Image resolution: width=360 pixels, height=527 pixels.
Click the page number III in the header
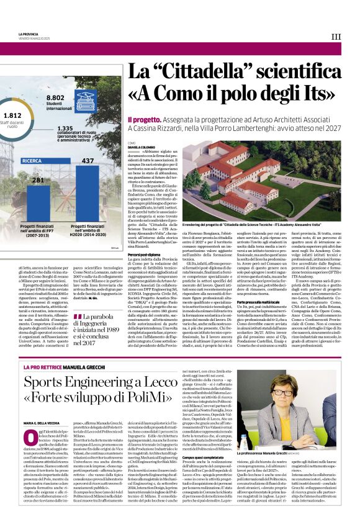point(336,37)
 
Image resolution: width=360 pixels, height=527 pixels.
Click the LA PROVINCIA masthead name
point(29,33)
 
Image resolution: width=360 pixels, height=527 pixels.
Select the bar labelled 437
point(88,193)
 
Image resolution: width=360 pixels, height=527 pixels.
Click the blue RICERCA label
point(32,161)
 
